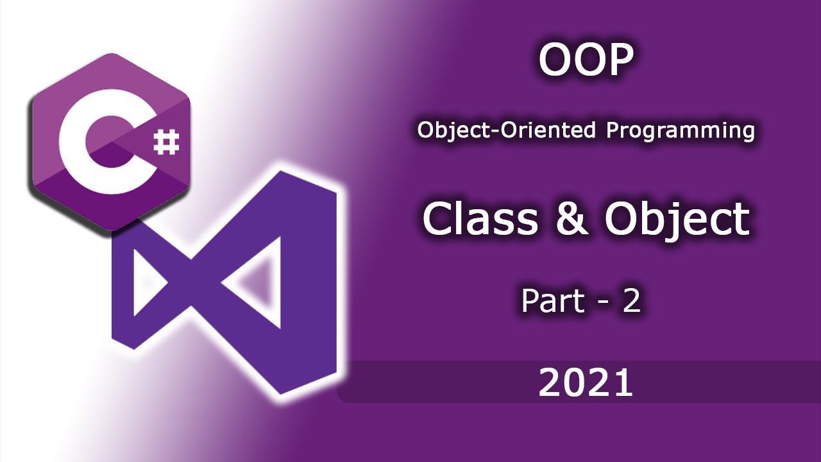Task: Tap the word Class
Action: [x=481, y=219]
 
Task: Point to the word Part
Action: [x=553, y=301]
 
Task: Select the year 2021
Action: [x=586, y=382]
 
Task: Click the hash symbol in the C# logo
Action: [x=166, y=142]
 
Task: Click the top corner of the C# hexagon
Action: [x=111, y=53]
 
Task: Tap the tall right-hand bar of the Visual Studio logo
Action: [x=309, y=282]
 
